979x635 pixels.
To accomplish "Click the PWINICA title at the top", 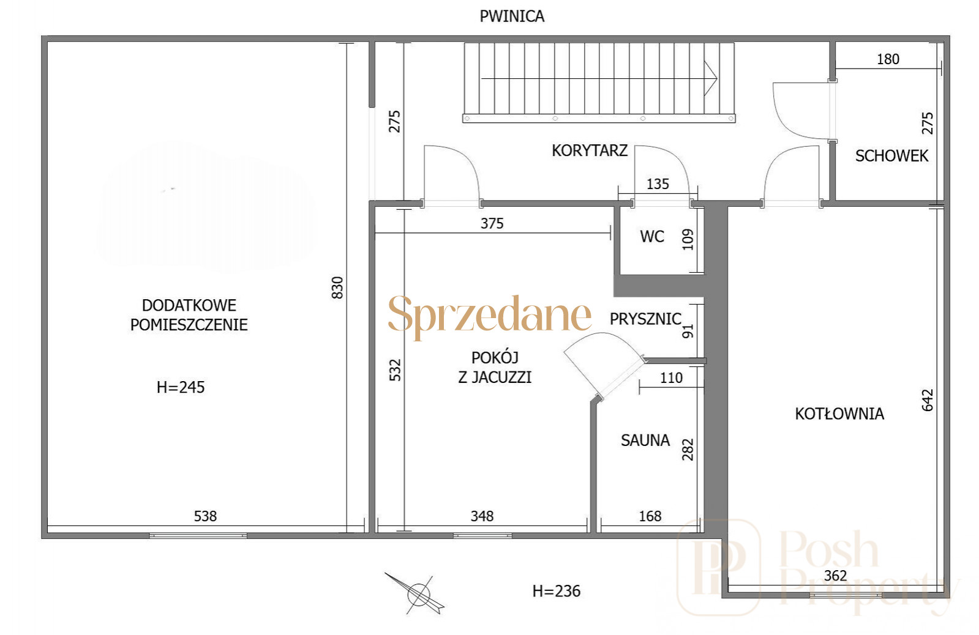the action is (x=512, y=17).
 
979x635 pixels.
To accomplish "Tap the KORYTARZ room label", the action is (x=590, y=150).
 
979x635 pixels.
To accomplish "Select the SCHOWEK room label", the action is (x=891, y=156).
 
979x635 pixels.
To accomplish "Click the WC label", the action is (x=652, y=237).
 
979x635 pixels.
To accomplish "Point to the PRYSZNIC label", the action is (x=645, y=319).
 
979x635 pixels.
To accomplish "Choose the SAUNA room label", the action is (x=645, y=440).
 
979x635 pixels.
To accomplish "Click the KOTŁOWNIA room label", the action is (x=839, y=414).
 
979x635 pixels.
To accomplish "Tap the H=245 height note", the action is (x=181, y=387).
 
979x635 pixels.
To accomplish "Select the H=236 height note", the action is (x=557, y=592).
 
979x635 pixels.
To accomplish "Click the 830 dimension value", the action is (x=337, y=288).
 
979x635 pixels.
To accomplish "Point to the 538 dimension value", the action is (x=205, y=516).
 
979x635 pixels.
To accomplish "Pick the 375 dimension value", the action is (x=492, y=224).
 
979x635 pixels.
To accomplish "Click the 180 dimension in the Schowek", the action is (x=888, y=59).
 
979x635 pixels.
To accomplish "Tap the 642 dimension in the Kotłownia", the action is (x=927, y=400).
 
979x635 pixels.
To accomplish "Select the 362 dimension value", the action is (x=835, y=576).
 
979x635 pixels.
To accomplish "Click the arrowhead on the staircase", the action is (x=710, y=79).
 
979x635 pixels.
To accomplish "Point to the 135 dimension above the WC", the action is (x=658, y=184).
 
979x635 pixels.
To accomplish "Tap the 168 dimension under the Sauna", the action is (x=650, y=516).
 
